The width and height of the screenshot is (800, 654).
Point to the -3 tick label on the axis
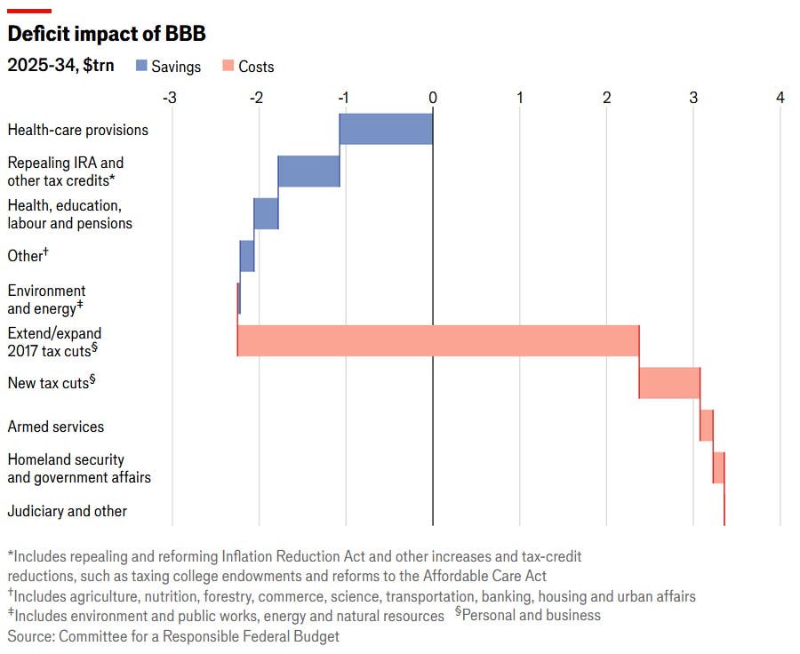pyautogui.click(x=171, y=97)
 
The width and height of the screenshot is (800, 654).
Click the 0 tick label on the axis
pyautogui.click(x=433, y=97)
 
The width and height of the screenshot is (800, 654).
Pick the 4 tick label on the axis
pyautogui.click(x=780, y=97)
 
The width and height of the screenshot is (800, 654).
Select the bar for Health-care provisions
pyautogui.click(x=386, y=130)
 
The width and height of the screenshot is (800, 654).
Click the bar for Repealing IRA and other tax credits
pyautogui.click(x=308, y=171)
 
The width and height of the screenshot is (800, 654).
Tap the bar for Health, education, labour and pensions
pyautogui.click(x=266, y=213)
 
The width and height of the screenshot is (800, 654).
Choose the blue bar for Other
pyautogui.click(x=247, y=256)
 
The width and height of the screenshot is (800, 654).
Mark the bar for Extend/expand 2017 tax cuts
pyautogui.click(x=438, y=340)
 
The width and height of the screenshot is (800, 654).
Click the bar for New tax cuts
pyautogui.click(x=669, y=382)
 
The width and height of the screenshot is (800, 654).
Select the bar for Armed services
pyautogui.click(x=707, y=425)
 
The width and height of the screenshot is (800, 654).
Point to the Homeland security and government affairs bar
pyautogui.click(x=718, y=467)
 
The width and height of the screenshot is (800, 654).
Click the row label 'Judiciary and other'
pyautogui.click(x=68, y=511)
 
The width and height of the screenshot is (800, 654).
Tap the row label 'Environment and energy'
pyautogui.click(x=46, y=299)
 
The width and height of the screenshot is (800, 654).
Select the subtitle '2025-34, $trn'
pyautogui.click(x=60, y=66)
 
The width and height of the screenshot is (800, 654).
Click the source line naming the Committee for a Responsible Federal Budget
pyautogui.click(x=173, y=636)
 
